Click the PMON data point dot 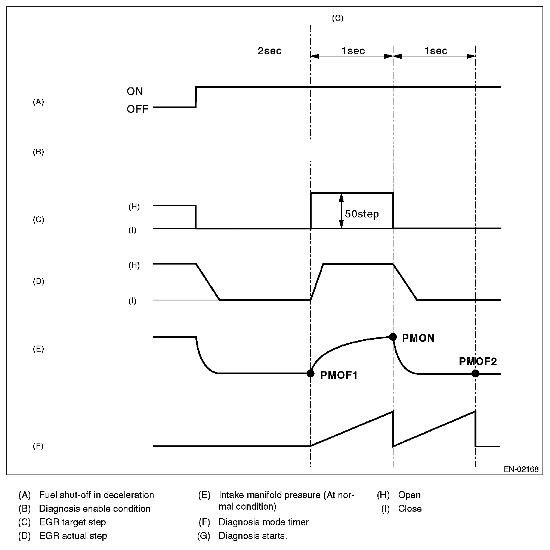pyautogui.click(x=393, y=337)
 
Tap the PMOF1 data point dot pyautogui.click(x=310, y=373)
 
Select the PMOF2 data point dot pyautogui.click(x=475, y=373)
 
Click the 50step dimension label pyautogui.click(x=362, y=214)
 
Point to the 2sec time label pyautogui.click(x=269, y=51)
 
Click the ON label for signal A pyautogui.click(x=135, y=92)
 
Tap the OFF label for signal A pyautogui.click(x=137, y=109)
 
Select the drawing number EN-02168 pyautogui.click(x=521, y=469)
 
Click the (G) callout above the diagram pyautogui.click(x=338, y=18)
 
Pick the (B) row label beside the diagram pyautogui.click(x=38, y=152)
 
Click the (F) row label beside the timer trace pyautogui.click(x=38, y=446)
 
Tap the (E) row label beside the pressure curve pyautogui.click(x=38, y=349)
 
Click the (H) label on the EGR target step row pyautogui.click(x=134, y=207)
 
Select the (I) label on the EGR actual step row pyautogui.click(x=132, y=301)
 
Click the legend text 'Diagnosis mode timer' pyautogui.click(x=264, y=522)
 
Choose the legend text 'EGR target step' pyautogui.click(x=72, y=522)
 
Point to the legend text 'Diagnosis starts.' pyautogui.click(x=253, y=536)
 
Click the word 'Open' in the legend pyautogui.click(x=410, y=495)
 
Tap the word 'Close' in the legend pyautogui.click(x=410, y=509)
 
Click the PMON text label pyautogui.click(x=418, y=339)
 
